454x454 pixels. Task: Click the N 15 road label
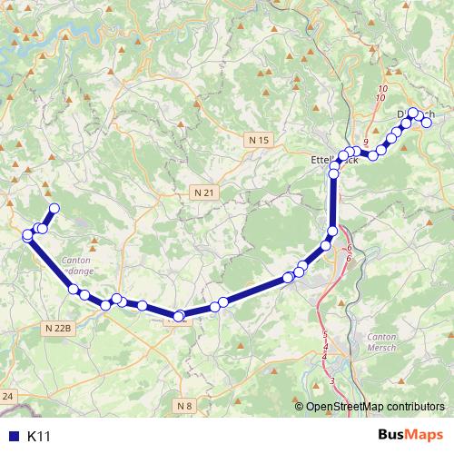coord(261,140)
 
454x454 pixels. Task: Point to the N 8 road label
coord(185,404)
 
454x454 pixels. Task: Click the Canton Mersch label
coord(380,342)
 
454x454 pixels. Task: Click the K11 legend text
coord(38,437)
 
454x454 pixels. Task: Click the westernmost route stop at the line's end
coord(28,235)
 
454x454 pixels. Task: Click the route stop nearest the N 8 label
coord(180,317)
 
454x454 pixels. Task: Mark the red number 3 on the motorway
coord(332,380)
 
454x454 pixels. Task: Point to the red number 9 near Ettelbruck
coord(365,143)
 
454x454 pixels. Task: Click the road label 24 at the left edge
coord(8,396)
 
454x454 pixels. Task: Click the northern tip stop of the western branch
coord(54,209)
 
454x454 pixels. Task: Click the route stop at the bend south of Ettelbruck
coord(333,231)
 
